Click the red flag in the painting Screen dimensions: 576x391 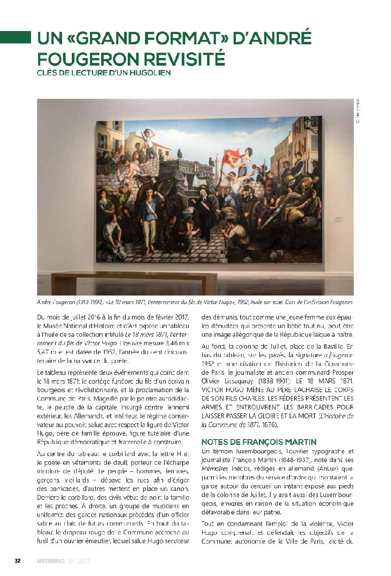pos(231,156)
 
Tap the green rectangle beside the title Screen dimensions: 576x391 pos(15,37)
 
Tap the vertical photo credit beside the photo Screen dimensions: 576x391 pos(358,110)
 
